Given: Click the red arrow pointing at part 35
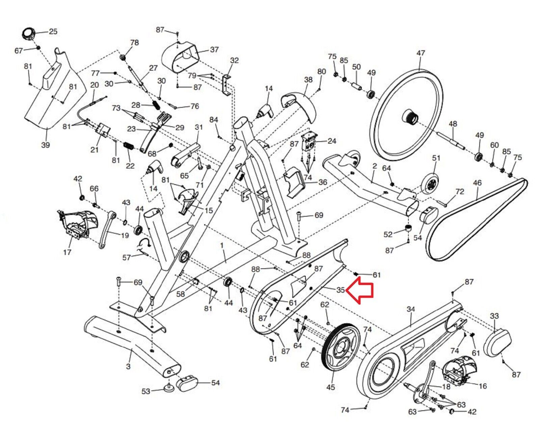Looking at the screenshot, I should pos(360,290).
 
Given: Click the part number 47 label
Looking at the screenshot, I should pos(421,53).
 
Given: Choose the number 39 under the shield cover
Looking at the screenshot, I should pos(45,145).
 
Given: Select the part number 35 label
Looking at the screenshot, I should pos(341,290).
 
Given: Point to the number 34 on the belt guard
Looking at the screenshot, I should pos(411,309).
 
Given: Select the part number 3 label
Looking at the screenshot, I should pos(128,366).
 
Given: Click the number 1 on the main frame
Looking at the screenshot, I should pos(222,245).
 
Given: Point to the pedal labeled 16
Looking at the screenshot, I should pos(456,372).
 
